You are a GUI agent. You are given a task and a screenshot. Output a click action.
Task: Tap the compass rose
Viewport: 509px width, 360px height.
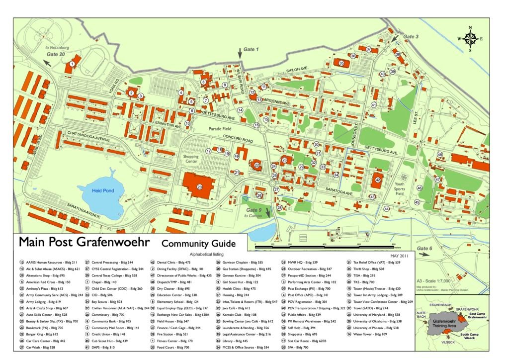coord(469,38)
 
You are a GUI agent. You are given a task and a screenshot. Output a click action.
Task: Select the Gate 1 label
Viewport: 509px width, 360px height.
coord(251,49)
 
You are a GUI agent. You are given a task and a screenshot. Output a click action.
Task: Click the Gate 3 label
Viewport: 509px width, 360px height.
coord(411,37)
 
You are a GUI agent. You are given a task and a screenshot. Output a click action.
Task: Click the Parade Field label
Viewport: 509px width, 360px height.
coord(220,129)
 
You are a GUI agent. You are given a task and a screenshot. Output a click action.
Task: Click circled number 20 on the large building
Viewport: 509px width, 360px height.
coord(199,187)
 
